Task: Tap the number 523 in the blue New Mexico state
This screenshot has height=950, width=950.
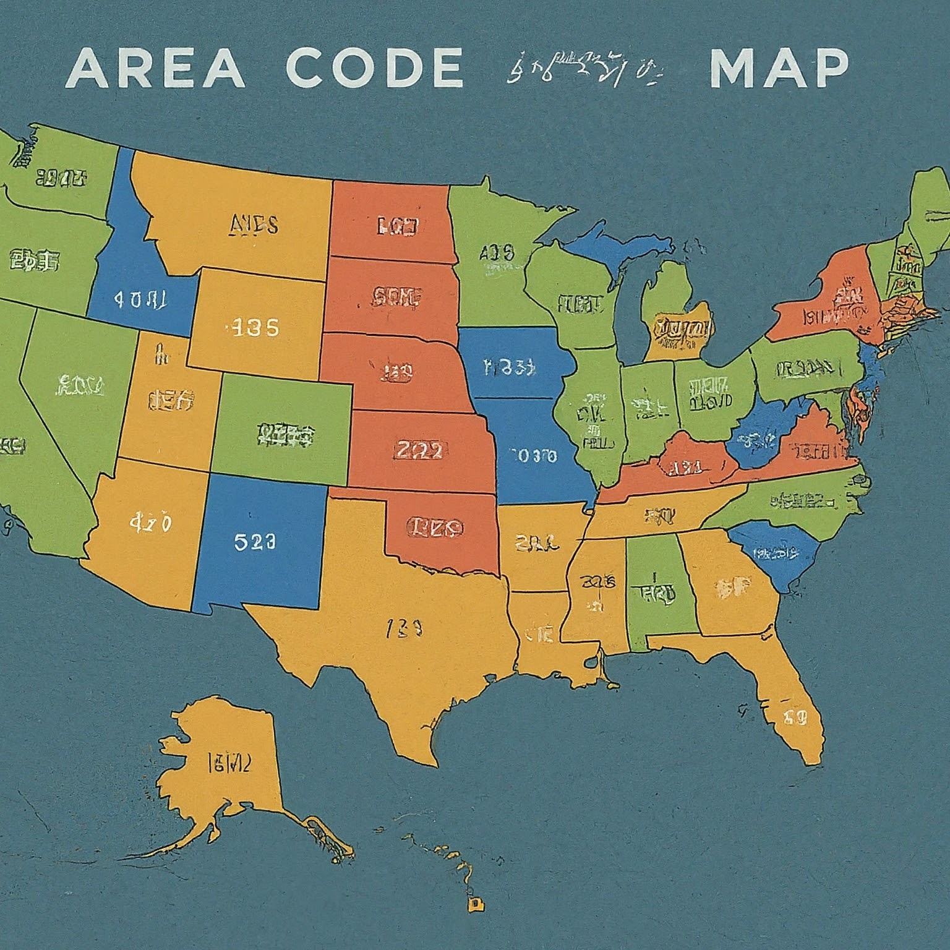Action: point(255,542)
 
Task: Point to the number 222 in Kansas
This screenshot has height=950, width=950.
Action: point(419,450)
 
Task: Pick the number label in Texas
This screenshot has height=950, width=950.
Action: point(404,630)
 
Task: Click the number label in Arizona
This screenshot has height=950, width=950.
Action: point(150,523)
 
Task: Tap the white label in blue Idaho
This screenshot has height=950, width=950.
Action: point(140,300)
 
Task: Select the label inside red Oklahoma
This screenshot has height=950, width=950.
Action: point(435,527)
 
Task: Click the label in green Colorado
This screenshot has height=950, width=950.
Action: point(285,435)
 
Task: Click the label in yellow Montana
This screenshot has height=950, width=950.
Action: point(254,225)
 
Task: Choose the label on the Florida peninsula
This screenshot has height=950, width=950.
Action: point(795,717)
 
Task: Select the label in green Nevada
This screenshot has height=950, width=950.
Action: point(80,387)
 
